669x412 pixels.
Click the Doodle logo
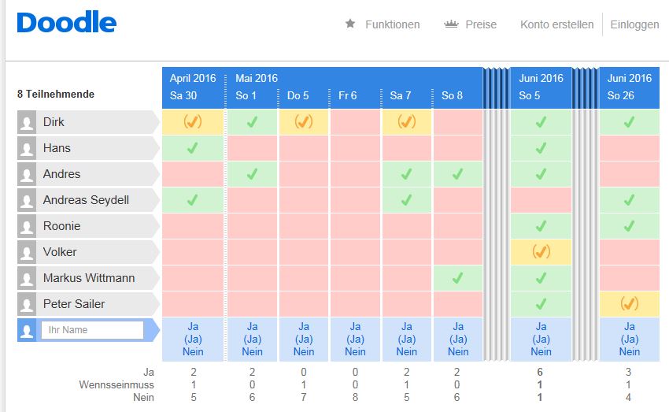(66, 23)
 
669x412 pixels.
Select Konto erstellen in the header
(556, 24)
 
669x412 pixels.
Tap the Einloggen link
(634, 24)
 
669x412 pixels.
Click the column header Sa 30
(183, 95)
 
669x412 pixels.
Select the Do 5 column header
(298, 95)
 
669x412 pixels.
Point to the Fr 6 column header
(347, 95)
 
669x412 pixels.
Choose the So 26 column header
(620, 95)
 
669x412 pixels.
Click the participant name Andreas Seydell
(86, 200)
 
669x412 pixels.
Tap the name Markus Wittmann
(89, 278)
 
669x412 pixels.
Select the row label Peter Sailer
(74, 304)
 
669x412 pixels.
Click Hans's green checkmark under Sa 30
(192, 148)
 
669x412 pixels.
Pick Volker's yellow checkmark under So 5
(541, 252)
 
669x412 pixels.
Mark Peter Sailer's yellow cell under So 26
(629, 304)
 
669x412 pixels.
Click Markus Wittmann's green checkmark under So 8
(457, 278)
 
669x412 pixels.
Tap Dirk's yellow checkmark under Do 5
(303, 122)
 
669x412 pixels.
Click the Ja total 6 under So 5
(541, 372)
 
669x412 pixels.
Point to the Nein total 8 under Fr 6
(355, 398)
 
